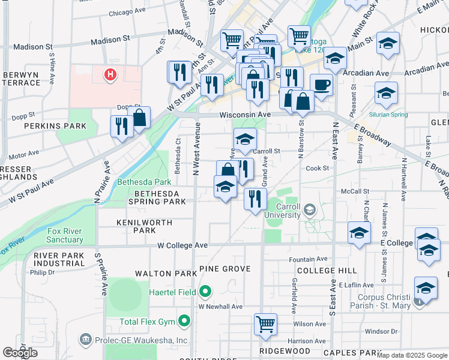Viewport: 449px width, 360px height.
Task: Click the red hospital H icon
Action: point(110,75)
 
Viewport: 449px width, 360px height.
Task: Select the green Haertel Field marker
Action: point(205,292)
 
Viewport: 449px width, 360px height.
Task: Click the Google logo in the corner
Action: point(20,353)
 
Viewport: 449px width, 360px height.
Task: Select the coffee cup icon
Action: point(321,85)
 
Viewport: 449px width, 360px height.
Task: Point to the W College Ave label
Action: point(182,245)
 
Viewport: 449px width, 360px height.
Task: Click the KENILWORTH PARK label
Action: point(144,226)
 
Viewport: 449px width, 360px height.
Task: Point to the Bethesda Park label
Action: point(139,181)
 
